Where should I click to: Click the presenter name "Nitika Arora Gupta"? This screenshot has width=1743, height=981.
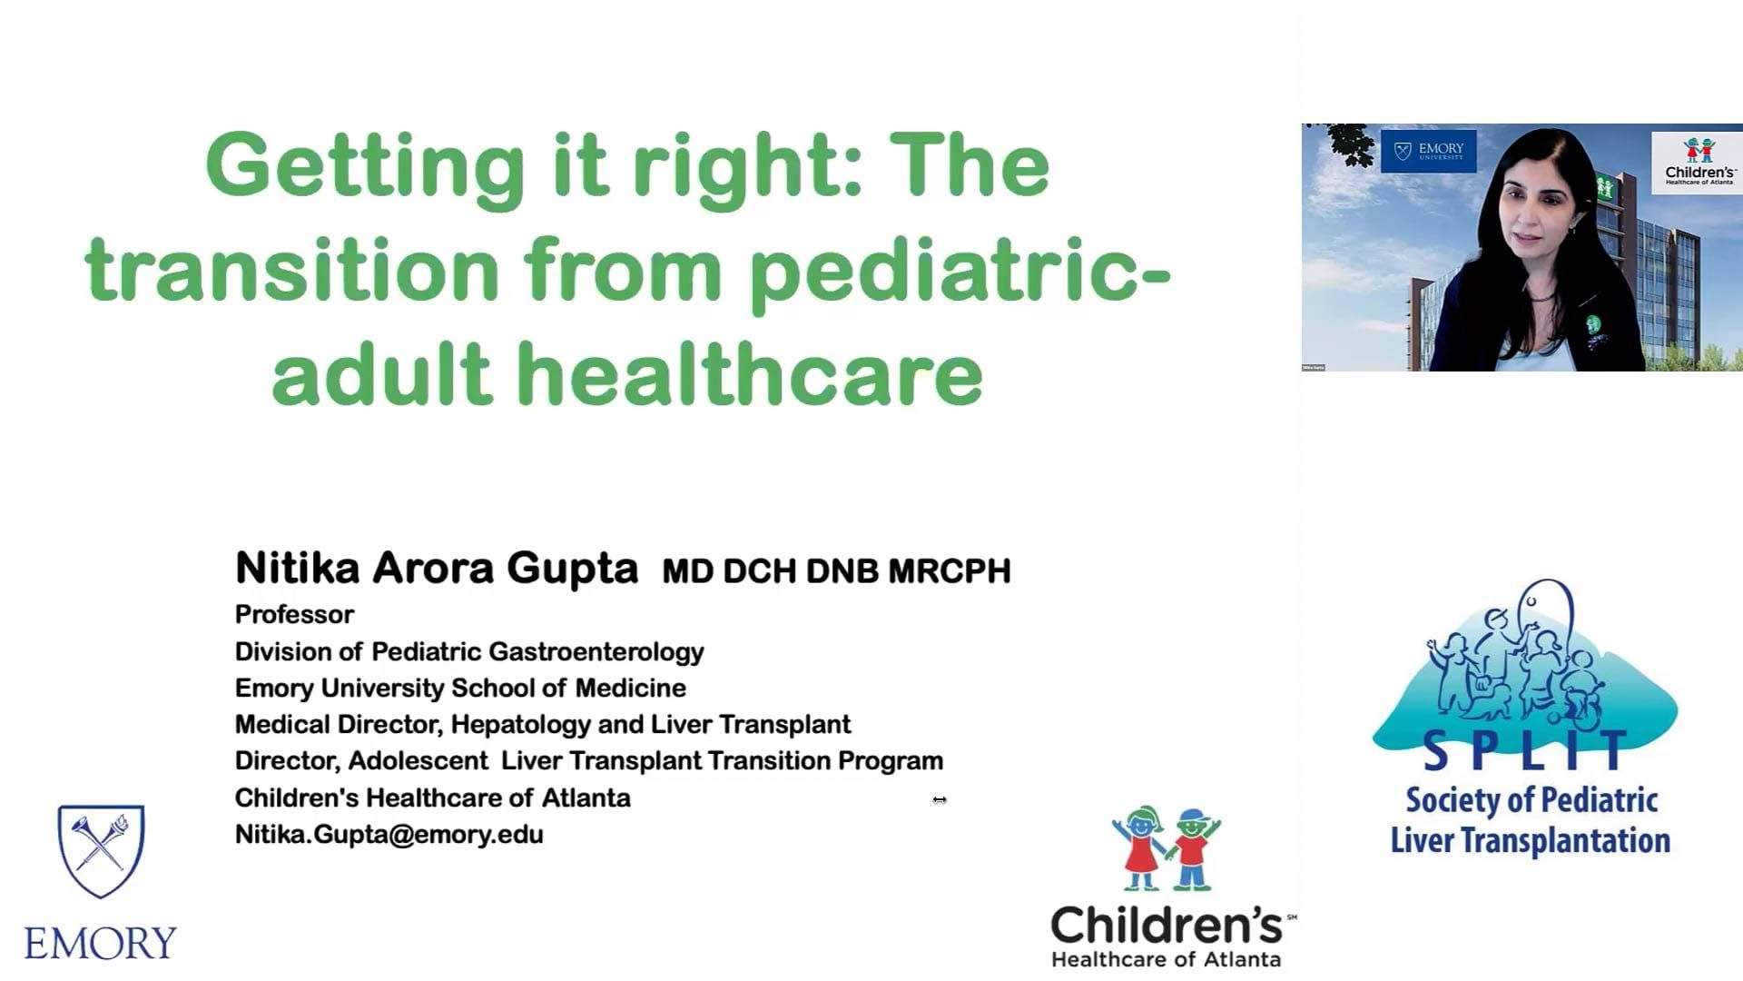point(437,568)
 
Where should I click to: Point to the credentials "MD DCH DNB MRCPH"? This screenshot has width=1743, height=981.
point(836,571)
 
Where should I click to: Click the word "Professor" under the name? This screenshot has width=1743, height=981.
point(294,615)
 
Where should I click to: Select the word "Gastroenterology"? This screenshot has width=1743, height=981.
point(597,652)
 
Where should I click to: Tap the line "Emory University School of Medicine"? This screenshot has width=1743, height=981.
point(460,689)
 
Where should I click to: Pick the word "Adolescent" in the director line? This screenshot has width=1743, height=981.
point(419,760)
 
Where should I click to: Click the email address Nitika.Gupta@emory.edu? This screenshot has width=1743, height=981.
point(389,835)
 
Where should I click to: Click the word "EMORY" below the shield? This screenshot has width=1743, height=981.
point(100,944)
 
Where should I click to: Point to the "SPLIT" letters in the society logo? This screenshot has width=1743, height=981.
point(1525,751)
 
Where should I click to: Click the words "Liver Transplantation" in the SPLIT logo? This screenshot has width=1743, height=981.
point(1531,840)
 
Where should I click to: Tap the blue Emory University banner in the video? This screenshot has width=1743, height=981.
point(1429,151)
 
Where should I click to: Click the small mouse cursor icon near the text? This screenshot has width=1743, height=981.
point(940,800)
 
